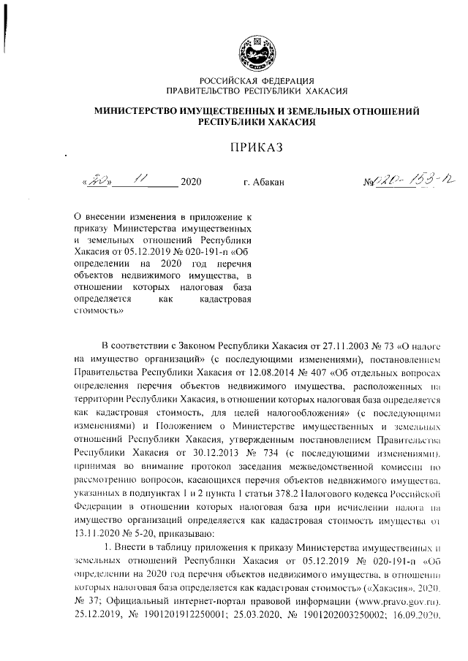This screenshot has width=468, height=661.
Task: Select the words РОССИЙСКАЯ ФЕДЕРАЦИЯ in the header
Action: [x=257, y=81]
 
